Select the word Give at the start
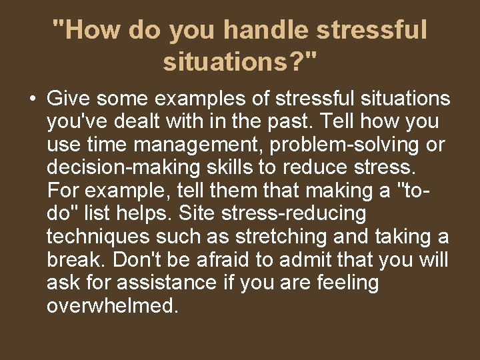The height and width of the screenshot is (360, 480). pos(69,99)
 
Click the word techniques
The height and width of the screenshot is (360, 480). pos(97,237)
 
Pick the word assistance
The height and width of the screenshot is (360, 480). pos(166,283)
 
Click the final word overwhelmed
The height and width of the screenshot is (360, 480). pos(113,306)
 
